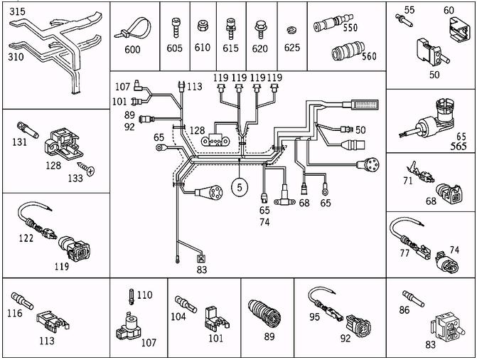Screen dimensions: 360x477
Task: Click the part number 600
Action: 132,50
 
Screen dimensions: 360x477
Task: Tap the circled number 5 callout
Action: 240,188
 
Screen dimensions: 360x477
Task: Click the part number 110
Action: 144,294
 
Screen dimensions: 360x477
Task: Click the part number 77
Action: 404,252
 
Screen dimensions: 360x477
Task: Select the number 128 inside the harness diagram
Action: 196,129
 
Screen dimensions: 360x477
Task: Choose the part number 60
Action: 448,11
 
